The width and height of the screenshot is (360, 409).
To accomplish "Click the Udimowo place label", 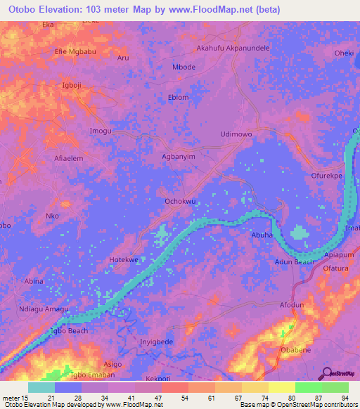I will [x=236, y=134].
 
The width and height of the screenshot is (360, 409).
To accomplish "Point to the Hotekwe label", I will [x=124, y=259].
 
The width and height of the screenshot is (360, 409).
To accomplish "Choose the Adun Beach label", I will [x=294, y=261].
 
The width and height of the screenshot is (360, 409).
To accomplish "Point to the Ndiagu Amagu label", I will [x=44, y=311].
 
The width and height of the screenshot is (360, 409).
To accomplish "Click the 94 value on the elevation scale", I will [x=345, y=398].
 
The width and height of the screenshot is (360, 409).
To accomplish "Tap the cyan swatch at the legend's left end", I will [x=41, y=387].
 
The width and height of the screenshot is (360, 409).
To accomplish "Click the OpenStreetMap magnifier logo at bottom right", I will [x=326, y=373].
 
